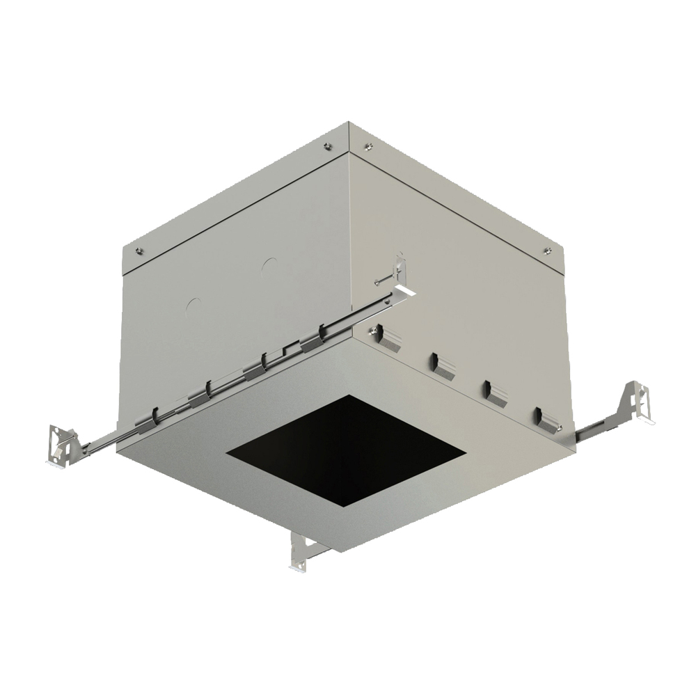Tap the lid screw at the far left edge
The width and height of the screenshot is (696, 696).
pos(139,251)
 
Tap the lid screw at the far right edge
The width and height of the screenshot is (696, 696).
pos(546,250)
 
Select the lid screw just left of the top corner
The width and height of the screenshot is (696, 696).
pos(327,145)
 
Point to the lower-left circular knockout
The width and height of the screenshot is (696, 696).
pos(193,304)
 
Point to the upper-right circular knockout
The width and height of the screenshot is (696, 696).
pos(269,265)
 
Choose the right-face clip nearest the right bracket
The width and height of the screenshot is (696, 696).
pos(546,420)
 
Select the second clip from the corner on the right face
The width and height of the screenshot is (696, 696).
pos(443,365)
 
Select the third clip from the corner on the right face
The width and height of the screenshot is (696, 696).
pos(496,393)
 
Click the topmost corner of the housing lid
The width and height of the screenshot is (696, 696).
pos(348,124)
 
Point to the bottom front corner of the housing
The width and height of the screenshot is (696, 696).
pos(341,551)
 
